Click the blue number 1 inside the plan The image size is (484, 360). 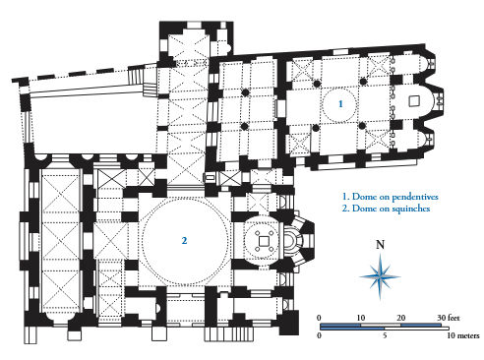pos(340,104)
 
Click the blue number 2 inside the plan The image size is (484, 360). pos(184,241)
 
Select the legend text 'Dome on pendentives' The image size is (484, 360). pos(395,197)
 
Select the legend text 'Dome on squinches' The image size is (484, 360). pos(391,209)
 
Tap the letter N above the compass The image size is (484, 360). pos(380,245)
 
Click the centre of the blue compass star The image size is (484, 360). pos(380,276)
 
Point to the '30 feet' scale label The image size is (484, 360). pos(449,318)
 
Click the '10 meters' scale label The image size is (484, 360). pos(463,335)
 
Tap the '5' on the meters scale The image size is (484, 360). pos(385,335)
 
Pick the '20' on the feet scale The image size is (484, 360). pos(400,318)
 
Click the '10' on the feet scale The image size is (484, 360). pos(360,318)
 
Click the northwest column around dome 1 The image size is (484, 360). pos(317,84)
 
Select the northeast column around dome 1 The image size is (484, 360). pos(363,82)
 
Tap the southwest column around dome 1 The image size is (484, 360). pos(316,128)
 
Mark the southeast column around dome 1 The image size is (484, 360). pos(362,126)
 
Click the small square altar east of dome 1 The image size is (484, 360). pos(414,101)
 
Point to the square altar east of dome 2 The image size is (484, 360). pos(264,241)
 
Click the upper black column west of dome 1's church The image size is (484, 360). pos(245,92)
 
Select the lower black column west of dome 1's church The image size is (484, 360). pos(244,126)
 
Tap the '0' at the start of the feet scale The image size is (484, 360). pos(319,318)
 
